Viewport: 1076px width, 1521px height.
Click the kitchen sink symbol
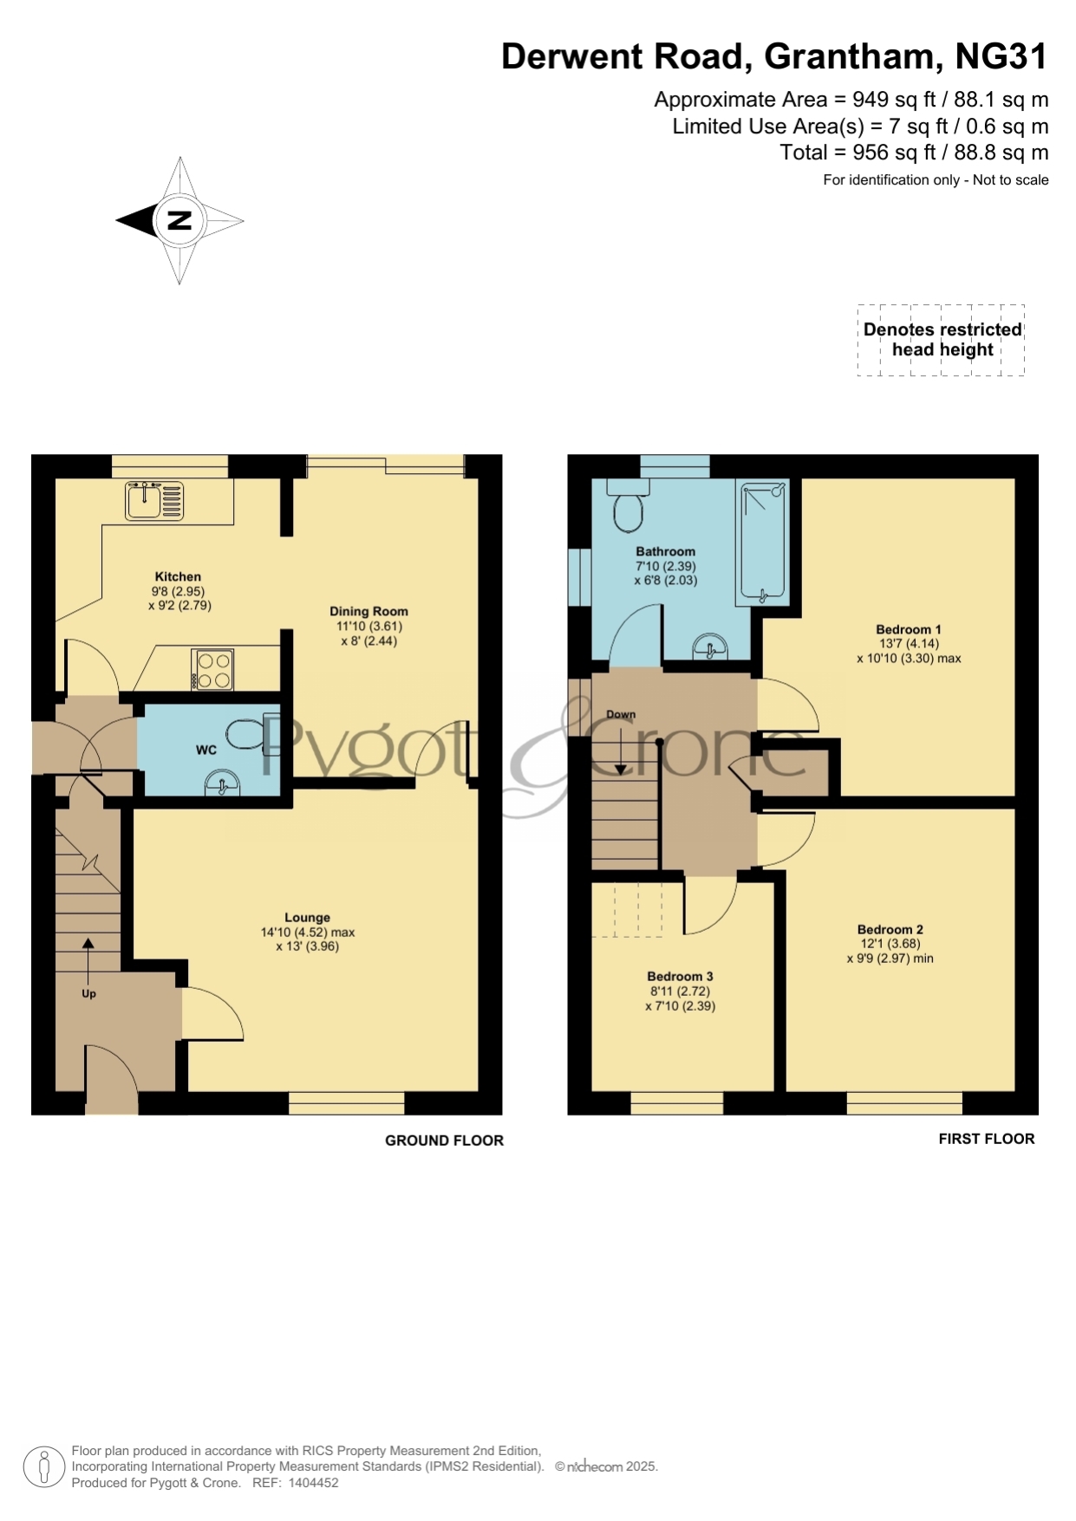pyautogui.click(x=154, y=501)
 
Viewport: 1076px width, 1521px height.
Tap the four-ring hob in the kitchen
pyautogui.click(x=212, y=670)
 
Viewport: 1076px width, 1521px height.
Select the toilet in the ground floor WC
pyautogui.click(x=246, y=736)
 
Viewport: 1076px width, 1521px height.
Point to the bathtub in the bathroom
pyautogui.click(x=763, y=543)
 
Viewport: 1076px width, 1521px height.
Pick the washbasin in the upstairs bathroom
pyautogui.click(x=710, y=647)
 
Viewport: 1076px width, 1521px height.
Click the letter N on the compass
pyautogui.click(x=179, y=220)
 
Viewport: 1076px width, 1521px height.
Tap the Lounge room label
pyautogui.click(x=308, y=917)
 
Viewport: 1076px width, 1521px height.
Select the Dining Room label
pyautogui.click(x=368, y=611)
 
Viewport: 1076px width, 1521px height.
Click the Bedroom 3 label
pyautogui.click(x=681, y=976)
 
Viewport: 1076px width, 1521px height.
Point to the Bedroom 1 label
pyautogui.click(x=909, y=629)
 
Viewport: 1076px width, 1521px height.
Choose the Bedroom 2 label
pyautogui.click(x=890, y=929)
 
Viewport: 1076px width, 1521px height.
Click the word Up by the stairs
pyautogui.click(x=88, y=994)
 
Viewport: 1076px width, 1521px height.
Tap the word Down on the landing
pyautogui.click(x=621, y=714)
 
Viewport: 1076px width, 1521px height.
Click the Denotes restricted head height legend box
pyautogui.click(x=942, y=340)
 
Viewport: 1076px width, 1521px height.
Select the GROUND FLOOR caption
pyautogui.click(x=445, y=1141)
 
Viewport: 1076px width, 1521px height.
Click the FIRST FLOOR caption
pyautogui.click(x=987, y=1139)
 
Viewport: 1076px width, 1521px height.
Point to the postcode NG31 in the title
pyautogui.click(x=1001, y=56)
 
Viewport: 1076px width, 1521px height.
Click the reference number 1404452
pyautogui.click(x=313, y=1483)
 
